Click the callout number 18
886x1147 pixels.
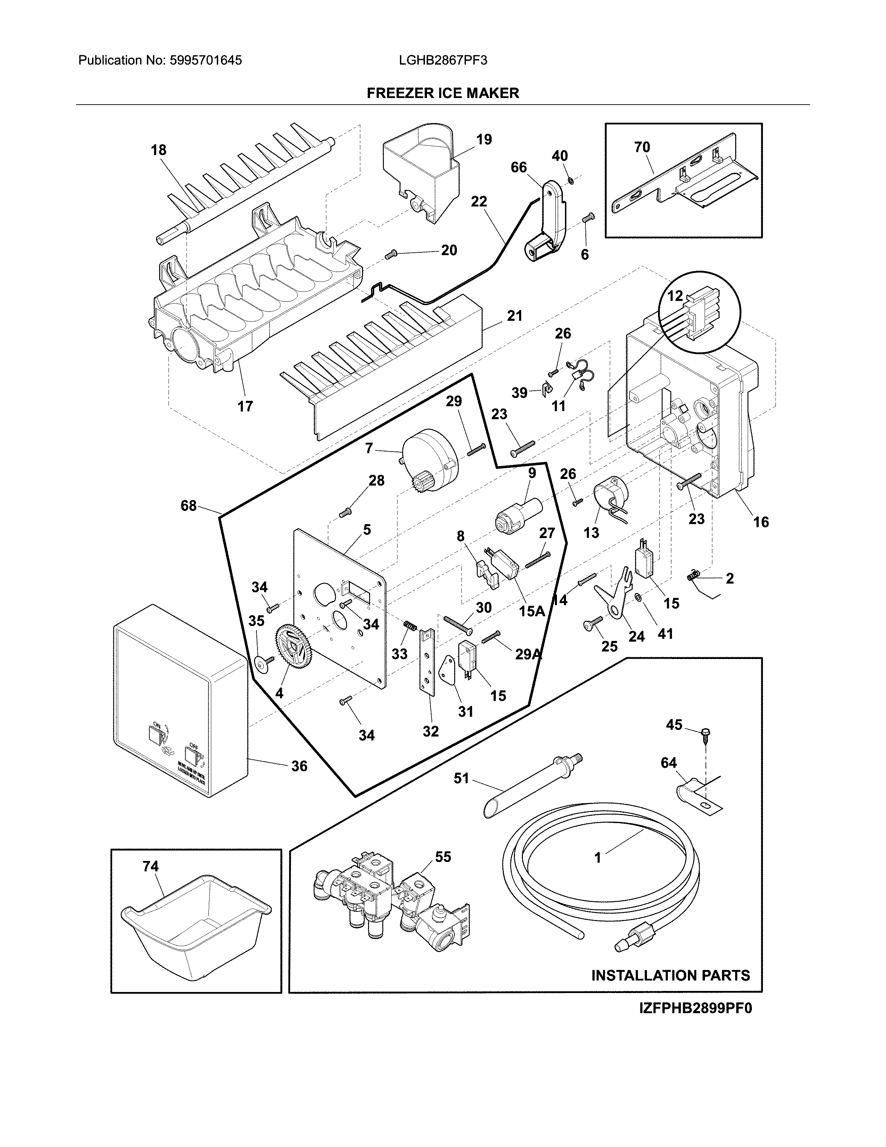coord(158,150)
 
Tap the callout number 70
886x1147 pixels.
coord(642,148)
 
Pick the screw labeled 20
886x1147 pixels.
coord(389,255)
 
